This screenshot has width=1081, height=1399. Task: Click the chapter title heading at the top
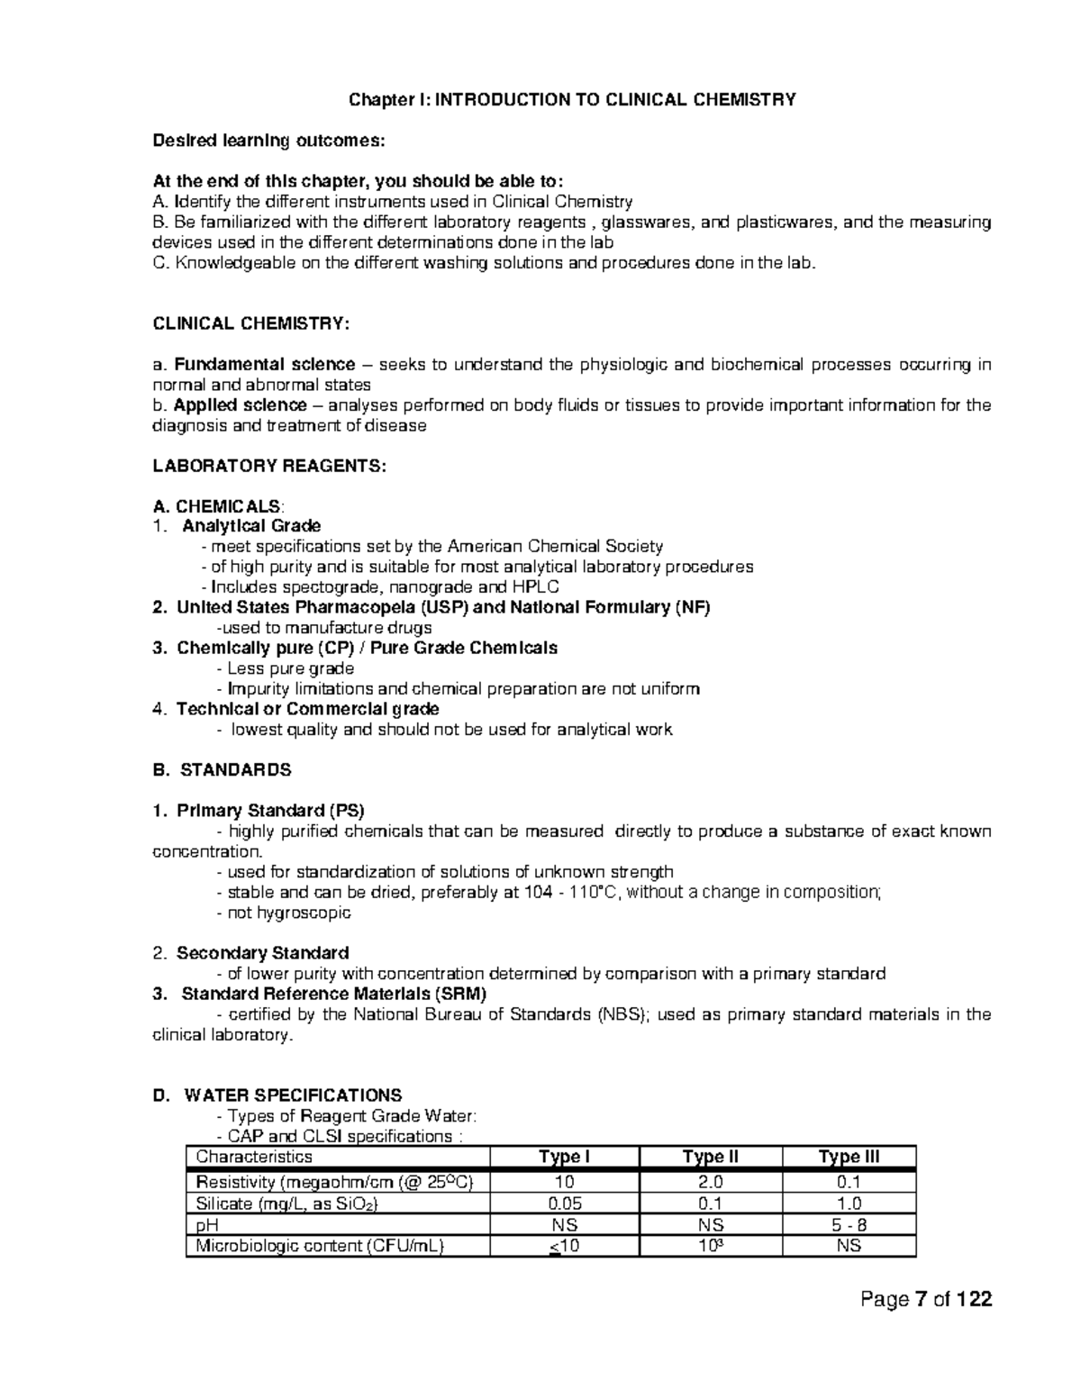pyautogui.click(x=572, y=99)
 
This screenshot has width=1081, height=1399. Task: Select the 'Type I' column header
pyautogui.click(x=564, y=1158)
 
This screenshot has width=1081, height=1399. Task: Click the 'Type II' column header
pyautogui.click(x=710, y=1158)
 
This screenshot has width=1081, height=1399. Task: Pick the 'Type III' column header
pyautogui.click(x=849, y=1158)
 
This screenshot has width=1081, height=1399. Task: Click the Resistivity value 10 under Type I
pyautogui.click(x=564, y=1182)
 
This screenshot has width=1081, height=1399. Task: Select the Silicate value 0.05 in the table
pyautogui.click(x=564, y=1204)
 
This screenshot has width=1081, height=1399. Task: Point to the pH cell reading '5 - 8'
pyautogui.click(x=849, y=1225)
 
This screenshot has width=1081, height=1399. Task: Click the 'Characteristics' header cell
pyautogui.click(x=254, y=1158)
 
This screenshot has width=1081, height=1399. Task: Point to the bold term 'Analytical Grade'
pyautogui.click(x=251, y=525)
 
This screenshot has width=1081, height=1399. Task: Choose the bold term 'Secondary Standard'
pyautogui.click(x=262, y=952)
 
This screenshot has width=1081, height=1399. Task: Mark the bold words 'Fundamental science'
pyautogui.click(x=264, y=365)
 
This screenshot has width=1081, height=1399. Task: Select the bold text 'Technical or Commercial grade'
pyautogui.click(x=307, y=709)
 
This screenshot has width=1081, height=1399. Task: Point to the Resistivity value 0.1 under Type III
pyautogui.click(x=849, y=1182)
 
